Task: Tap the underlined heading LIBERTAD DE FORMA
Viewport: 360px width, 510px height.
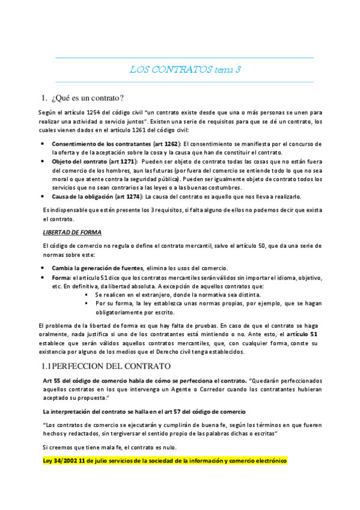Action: (72, 232)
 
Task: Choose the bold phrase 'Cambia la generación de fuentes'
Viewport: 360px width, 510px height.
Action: (97, 268)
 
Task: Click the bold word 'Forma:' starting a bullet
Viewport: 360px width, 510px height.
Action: (61, 278)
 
